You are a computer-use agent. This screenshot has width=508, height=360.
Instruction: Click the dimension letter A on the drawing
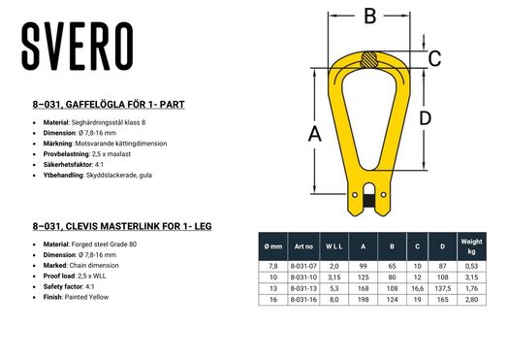tap(313, 136)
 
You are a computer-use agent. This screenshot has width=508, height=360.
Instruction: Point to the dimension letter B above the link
tap(368, 16)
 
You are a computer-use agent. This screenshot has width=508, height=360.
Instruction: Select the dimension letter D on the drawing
tap(425, 118)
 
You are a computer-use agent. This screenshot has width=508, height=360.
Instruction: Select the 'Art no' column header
tap(302, 246)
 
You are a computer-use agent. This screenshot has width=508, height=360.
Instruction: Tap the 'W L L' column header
tap(333, 246)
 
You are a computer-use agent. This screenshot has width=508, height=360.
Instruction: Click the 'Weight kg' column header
tap(472, 246)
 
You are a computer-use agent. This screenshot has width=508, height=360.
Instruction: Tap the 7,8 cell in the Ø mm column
tap(273, 266)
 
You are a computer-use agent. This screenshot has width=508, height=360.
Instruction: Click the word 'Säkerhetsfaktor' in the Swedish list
tap(74, 165)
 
